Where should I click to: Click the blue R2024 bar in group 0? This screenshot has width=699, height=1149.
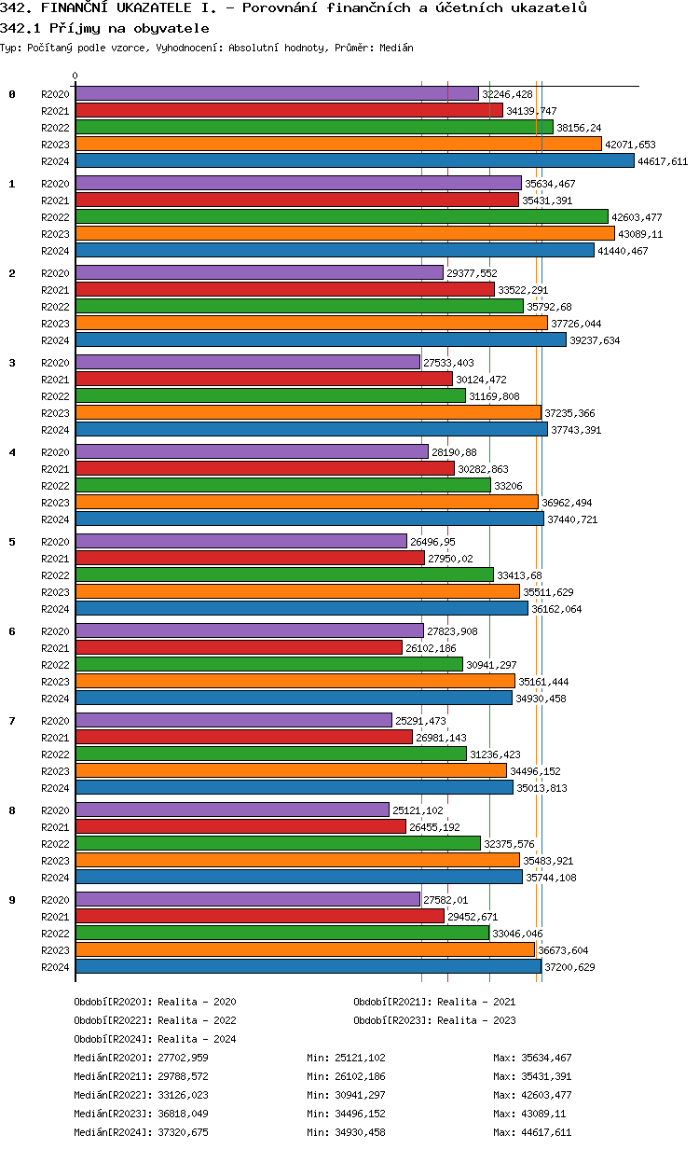click(x=354, y=161)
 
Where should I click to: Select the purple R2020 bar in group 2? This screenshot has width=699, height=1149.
click(x=259, y=273)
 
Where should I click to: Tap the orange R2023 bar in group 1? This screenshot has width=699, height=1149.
click(x=345, y=234)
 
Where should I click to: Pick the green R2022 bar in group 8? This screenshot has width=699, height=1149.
click(x=278, y=844)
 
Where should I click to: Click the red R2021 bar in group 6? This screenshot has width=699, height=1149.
click(x=239, y=648)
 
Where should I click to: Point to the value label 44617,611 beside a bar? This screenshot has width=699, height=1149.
click(x=663, y=161)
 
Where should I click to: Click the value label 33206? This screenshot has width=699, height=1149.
click(x=508, y=486)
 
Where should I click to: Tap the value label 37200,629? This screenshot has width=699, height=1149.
click(x=569, y=967)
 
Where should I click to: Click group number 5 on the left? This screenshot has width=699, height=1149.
click(x=12, y=542)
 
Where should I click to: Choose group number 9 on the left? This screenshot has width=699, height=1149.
click(x=12, y=900)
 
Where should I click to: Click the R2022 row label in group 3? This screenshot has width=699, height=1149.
click(x=56, y=396)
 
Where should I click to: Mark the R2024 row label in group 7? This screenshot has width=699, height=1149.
click(x=56, y=788)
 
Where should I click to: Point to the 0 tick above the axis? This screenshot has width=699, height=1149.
click(x=75, y=76)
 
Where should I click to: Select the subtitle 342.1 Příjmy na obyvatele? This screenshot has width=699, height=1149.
click(x=104, y=29)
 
